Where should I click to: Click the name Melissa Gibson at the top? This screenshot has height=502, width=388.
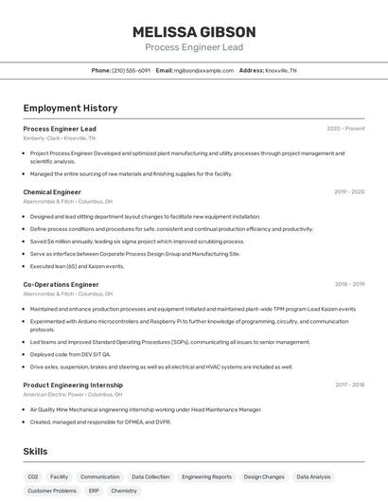click(194, 31)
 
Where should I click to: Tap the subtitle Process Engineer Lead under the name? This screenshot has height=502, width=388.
click(194, 46)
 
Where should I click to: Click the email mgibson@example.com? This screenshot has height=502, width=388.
click(203, 70)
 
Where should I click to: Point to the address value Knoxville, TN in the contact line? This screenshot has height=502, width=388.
click(280, 70)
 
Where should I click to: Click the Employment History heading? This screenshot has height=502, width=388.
click(70, 109)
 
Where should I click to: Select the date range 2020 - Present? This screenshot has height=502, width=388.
click(345, 129)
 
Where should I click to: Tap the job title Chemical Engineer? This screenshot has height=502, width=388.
click(52, 192)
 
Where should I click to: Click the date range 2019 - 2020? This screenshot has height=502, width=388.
click(349, 192)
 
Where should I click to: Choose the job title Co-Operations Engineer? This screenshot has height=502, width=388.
click(61, 284)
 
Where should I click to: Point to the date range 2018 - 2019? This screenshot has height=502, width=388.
click(349, 284)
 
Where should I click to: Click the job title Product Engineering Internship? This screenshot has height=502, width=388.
click(73, 385)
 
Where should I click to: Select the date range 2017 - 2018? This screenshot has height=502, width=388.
click(349, 385)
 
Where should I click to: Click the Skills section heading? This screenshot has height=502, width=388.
click(35, 452)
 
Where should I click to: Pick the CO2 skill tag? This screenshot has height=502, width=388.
click(33, 477)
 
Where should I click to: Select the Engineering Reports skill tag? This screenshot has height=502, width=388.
click(206, 477)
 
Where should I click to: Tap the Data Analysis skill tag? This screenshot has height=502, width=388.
click(313, 477)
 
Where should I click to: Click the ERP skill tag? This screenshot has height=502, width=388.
click(94, 492)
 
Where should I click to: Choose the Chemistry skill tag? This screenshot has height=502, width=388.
click(124, 492)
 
